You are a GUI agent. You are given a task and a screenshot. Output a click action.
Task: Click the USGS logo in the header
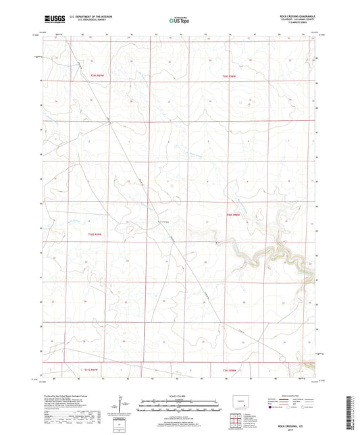coord(52,20)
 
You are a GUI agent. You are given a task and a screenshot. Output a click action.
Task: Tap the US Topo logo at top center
coord(179,20)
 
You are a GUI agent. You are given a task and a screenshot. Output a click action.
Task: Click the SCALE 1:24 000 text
coord(179,395)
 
